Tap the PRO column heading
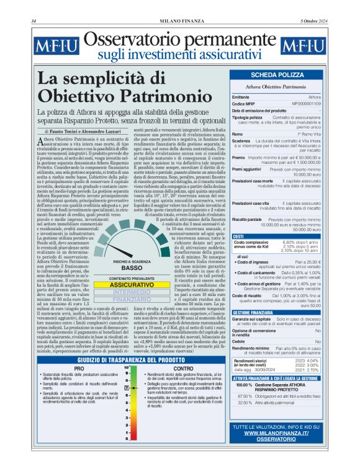click(x=79, y=368)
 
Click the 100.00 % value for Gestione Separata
click(x=244, y=387)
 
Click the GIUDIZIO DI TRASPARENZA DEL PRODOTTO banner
click(x=130, y=360)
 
